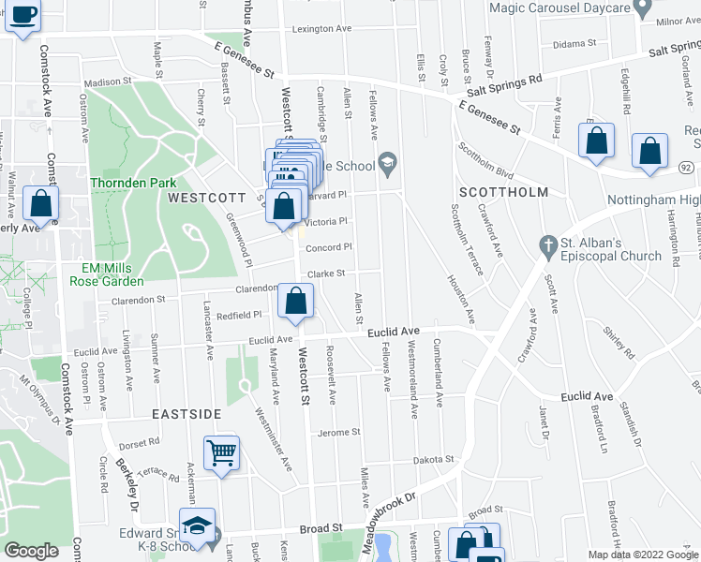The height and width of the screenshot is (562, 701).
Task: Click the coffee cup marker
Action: [23, 16]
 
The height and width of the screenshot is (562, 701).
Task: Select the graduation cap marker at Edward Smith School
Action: [198, 526]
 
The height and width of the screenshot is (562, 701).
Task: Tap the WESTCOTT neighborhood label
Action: [205, 199]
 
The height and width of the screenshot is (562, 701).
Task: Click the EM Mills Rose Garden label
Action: [106, 274]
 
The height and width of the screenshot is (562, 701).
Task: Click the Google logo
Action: [31, 551]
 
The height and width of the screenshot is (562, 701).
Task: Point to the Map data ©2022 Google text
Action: [642, 555]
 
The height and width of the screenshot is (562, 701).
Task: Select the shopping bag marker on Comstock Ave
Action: [41, 203]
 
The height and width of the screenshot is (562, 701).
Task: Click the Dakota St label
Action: [435, 460]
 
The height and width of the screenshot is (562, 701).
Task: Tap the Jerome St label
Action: [339, 432]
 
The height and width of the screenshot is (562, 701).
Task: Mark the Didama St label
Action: [574, 43]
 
